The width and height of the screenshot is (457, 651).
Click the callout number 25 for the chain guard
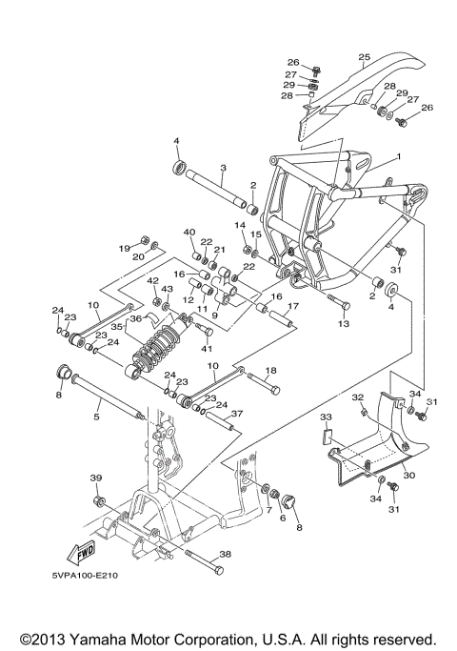pos(363,57)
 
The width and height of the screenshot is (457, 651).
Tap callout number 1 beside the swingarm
pos(399,156)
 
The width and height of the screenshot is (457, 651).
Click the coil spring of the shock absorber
pos(157,352)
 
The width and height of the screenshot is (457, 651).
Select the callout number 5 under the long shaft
pos(95,416)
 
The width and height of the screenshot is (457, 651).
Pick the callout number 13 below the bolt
pos(343,324)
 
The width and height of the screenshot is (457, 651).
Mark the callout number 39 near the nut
pos(95,478)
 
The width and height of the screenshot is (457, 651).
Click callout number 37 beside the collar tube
pos(238,413)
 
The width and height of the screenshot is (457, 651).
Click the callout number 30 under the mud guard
pos(409,475)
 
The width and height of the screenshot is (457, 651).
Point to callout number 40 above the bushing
pos(189,232)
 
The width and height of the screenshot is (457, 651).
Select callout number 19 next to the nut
pos(123,249)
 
